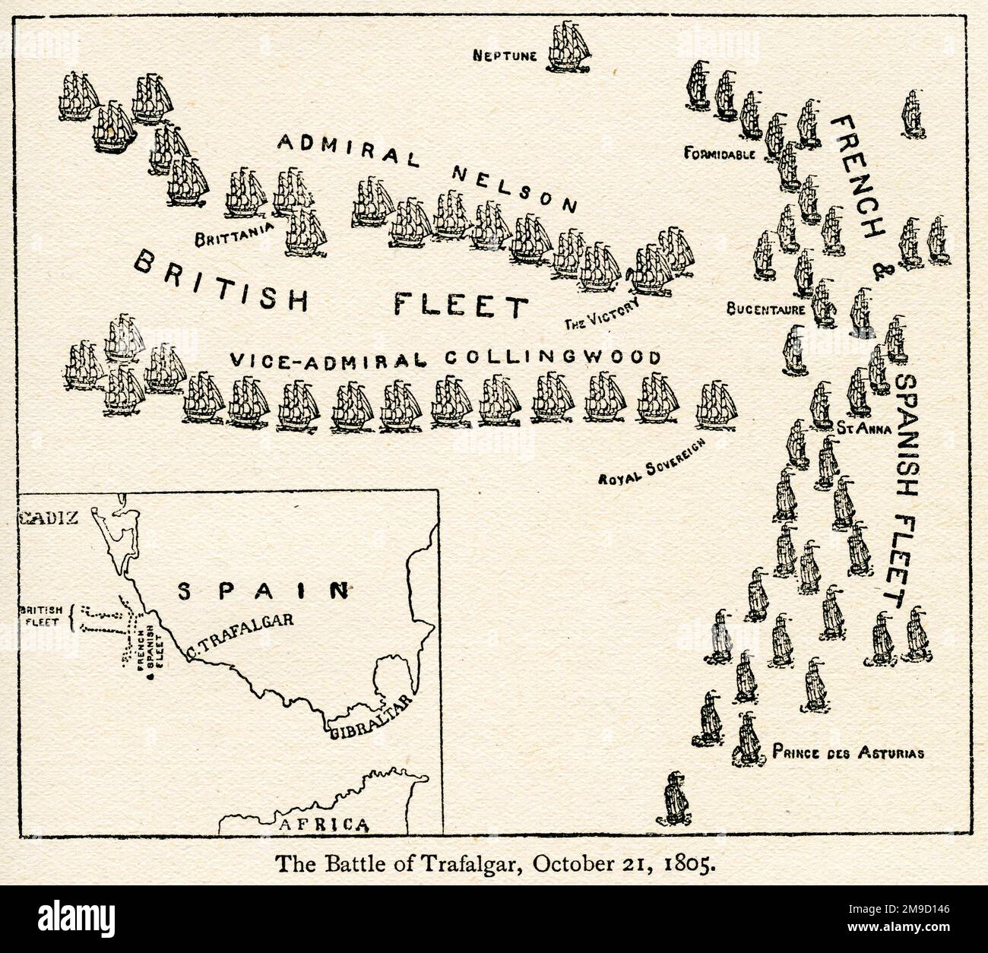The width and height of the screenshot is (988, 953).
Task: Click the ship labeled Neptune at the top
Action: tap(571, 47)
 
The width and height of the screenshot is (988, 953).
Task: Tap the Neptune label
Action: tap(505, 55)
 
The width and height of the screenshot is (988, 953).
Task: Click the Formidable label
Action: tap(719, 154)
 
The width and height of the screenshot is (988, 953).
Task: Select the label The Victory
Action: tap(600, 315)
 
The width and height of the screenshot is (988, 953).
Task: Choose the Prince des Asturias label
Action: tap(847, 754)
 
